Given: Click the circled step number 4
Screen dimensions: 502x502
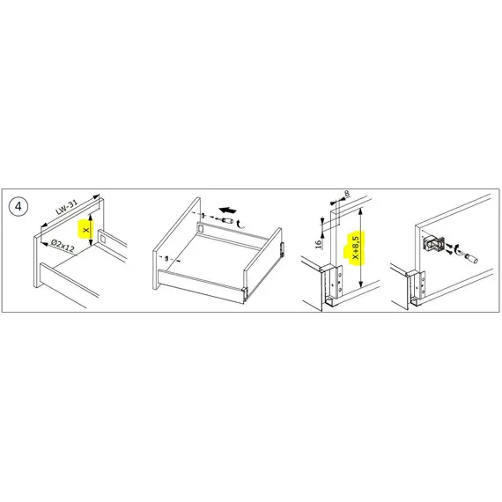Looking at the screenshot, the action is (18, 206).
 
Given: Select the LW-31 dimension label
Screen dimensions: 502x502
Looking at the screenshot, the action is (67, 208).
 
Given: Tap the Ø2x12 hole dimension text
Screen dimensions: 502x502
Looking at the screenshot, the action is (63, 246).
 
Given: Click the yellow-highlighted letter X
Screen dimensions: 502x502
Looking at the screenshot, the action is (85, 230).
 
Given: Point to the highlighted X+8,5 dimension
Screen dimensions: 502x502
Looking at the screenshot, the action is (356, 248).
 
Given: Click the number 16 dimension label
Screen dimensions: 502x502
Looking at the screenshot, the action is (318, 244).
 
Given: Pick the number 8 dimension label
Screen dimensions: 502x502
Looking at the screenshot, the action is (347, 194).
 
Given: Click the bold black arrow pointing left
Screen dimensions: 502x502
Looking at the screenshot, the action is (228, 210).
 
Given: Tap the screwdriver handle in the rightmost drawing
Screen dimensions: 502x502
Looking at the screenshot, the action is (471, 258).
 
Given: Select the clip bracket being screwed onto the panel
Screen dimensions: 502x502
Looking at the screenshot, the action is (432, 244).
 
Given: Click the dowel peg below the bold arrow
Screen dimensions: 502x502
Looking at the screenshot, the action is (227, 220).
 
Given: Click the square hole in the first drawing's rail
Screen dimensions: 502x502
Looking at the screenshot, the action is (103, 239).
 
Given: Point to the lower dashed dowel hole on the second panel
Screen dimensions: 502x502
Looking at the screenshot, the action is (166, 258).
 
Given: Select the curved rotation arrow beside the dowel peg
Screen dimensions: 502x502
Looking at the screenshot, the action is (240, 224).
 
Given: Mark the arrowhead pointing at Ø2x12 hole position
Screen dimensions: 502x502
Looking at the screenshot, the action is (45, 244).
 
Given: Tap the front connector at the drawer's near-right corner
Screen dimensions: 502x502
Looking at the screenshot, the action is (245, 293).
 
